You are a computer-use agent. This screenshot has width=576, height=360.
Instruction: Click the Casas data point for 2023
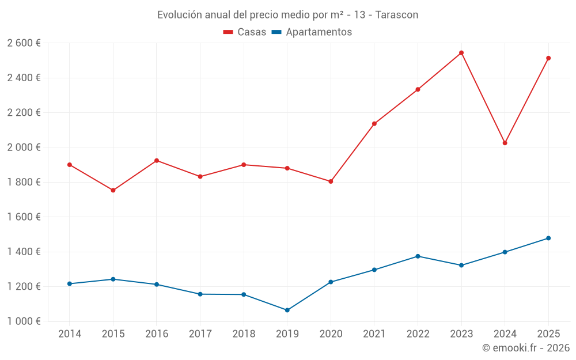tap(461, 53)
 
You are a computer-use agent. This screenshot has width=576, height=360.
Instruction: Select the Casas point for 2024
tap(505, 143)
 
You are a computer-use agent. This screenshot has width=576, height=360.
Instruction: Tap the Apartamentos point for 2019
tap(287, 310)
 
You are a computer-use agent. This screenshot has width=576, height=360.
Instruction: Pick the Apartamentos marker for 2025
tap(548, 238)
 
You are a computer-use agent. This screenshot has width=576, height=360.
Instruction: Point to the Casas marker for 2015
tap(113, 191)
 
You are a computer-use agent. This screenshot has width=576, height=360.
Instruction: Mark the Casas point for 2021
tap(374, 124)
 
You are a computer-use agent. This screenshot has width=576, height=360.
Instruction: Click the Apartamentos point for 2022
tap(418, 256)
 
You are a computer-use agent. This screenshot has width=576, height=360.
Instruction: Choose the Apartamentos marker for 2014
tap(70, 284)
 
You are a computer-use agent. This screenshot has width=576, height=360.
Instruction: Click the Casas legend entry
tap(245, 32)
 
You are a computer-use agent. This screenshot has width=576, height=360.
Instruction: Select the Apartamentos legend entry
tap(312, 32)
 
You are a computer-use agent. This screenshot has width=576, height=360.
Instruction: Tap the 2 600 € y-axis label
tap(24, 43)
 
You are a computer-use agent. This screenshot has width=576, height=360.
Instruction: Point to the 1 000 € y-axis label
tap(24, 321)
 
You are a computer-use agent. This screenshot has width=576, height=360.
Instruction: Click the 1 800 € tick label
tap(24, 182)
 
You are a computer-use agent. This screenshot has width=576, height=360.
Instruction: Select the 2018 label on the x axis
tap(244, 334)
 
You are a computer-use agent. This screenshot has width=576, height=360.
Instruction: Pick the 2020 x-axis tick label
tap(331, 334)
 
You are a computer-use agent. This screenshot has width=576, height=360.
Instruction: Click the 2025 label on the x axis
tap(548, 334)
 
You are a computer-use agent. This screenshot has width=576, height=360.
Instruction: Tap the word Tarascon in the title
tap(397, 15)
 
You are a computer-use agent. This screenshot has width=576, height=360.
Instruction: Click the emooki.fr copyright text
tap(525, 348)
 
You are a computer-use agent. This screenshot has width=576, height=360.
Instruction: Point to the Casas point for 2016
tap(157, 161)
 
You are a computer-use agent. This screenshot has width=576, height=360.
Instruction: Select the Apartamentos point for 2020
tap(331, 282)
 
